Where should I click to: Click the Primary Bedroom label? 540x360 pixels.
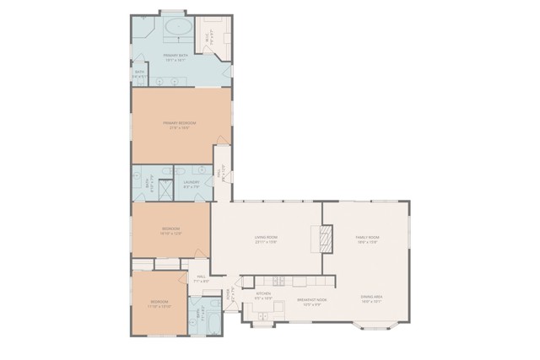[182, 125]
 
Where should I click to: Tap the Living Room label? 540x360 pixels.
[267, 239]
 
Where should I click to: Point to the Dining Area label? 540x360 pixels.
[372, 298]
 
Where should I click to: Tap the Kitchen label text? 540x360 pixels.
[263, 296]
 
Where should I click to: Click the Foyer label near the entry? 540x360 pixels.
[229, 295]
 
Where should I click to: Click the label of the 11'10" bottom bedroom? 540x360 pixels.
[159, 304]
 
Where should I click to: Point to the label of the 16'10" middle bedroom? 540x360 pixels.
[172, 231]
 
